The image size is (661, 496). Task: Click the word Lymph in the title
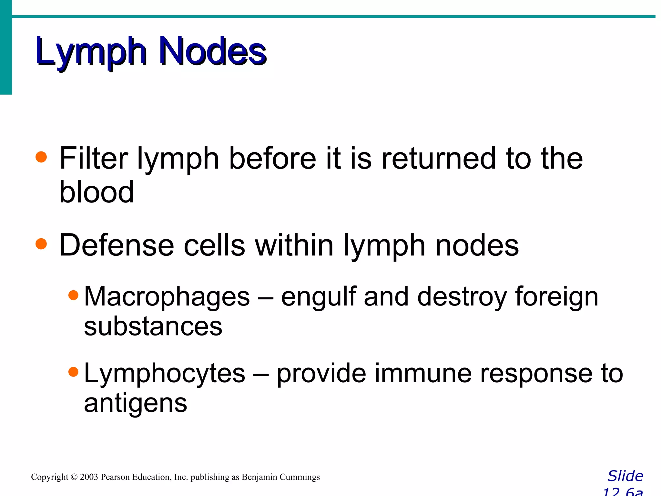point(91,52)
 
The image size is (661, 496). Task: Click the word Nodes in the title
point(213,52)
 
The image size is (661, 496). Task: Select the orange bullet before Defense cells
point(41,244)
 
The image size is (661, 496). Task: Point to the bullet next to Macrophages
point(74,295)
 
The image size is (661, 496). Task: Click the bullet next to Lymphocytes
point(74,372)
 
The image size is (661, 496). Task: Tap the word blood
point(97,192)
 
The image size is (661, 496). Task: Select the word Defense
point(117,245)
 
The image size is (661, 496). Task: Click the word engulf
point(319,297)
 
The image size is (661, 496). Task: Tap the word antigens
point(136,404)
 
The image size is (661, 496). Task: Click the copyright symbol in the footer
point(74,477)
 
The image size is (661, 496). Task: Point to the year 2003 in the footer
point(89,477)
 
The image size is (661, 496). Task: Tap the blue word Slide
point(625,476)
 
